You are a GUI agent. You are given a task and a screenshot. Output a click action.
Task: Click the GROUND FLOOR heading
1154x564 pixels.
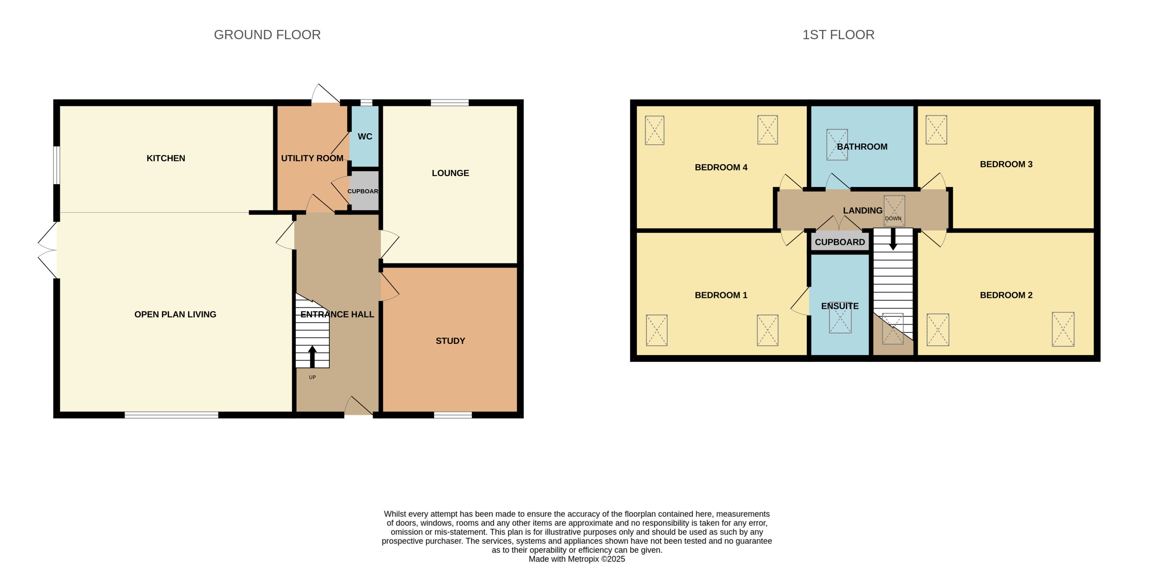(x=267, y=35)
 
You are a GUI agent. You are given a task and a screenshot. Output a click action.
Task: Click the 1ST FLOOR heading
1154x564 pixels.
(x=838, y=35)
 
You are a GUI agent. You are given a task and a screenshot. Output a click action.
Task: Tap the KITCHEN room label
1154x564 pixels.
(x=166, y=158)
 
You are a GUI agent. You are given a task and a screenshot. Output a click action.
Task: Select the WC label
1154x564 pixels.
(x=365, y=137)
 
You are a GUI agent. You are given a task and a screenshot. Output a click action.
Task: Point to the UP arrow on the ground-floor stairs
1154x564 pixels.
(x=312, y=356)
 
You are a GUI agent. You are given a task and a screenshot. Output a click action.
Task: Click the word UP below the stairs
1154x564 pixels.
(x=312, y=377)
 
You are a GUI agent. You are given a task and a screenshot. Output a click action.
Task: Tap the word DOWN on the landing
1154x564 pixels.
(x=893, y=219)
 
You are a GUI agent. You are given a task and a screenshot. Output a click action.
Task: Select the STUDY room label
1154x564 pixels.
(x=450, y=341)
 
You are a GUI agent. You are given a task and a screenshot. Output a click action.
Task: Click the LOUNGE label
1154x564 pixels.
(x=450, y=173)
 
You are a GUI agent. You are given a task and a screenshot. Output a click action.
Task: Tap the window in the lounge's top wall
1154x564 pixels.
(x=449, y=103)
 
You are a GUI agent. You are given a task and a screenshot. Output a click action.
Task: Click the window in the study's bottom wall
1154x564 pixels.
(x=452, y=415)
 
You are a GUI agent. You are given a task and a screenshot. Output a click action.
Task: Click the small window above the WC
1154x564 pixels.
(x=366, y=103)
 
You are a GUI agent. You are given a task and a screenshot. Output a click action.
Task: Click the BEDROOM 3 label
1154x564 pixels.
(x=1006, y=164)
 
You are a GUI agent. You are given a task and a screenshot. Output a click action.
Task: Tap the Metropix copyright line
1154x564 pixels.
(x=577, y=559)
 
